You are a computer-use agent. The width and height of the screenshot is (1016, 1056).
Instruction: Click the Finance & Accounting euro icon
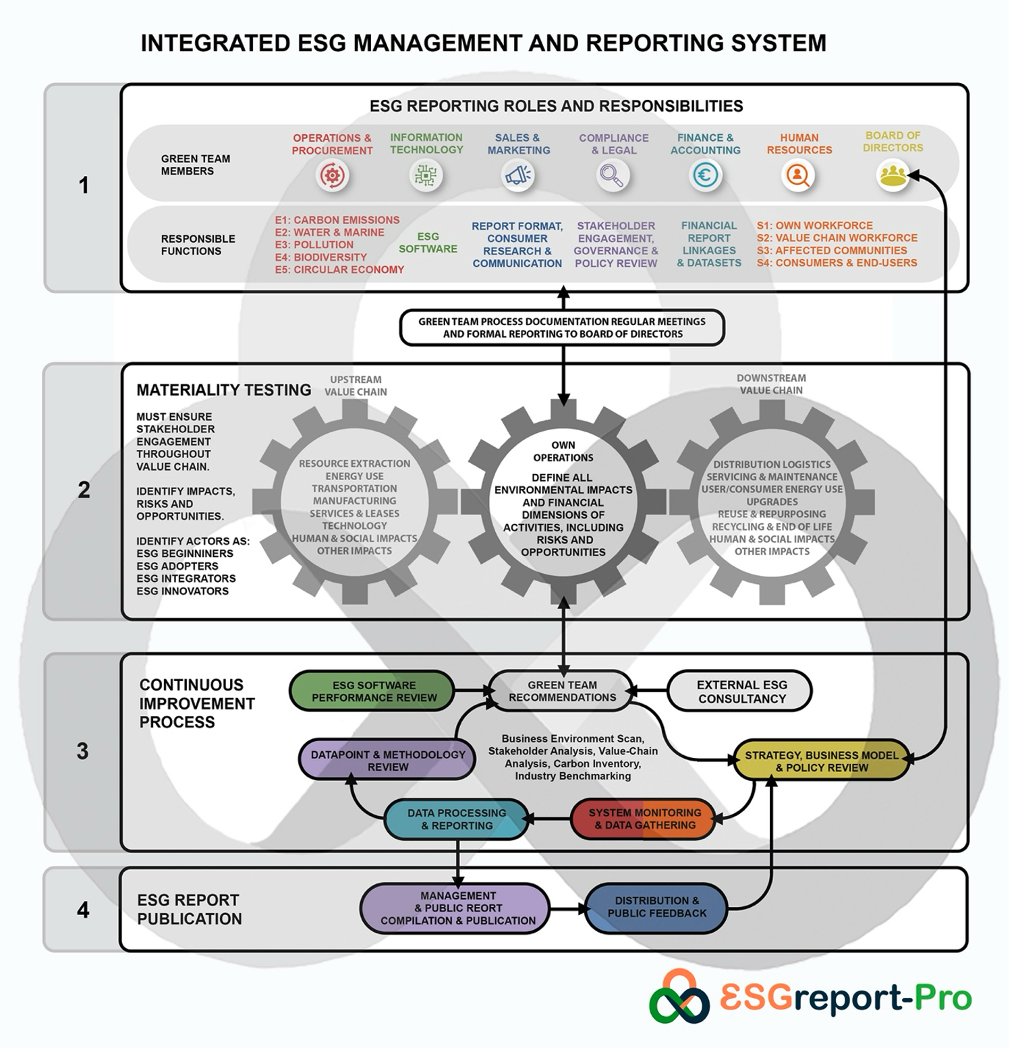[x=705, y=176]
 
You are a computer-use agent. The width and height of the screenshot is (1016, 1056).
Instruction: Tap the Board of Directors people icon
[x=892, y=175]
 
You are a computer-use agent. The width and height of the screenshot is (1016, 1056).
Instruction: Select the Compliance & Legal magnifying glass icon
[x=613, y=176]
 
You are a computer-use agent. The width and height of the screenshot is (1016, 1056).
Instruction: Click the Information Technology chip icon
[x=426, y=176]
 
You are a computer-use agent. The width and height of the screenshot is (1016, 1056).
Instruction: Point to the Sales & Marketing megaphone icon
[x=518, y=176]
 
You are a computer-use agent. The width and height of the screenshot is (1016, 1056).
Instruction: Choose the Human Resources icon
[x=798, y=176]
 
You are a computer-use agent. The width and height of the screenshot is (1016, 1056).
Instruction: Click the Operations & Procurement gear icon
[x=332, y=176]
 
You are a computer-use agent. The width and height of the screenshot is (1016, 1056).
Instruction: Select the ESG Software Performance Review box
[x=373, y=691]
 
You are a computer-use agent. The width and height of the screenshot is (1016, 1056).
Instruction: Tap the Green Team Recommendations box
[x=561, y=691]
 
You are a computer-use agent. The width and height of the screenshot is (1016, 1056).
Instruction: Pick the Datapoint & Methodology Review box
[x=387, y=761]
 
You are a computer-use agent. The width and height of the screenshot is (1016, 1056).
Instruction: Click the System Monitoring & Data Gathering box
[x=644, y=819]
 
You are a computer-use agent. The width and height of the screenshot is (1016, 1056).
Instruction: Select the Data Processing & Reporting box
[x=456, y=819]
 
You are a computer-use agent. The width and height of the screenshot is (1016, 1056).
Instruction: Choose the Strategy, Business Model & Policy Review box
[x=821, y=761]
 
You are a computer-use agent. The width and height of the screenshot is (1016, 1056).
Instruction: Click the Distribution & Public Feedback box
[x=656, y=908]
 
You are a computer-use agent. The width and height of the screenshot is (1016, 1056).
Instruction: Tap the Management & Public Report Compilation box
[x=457, y=908]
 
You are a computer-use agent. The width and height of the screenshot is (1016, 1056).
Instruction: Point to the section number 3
[x=82, y=751]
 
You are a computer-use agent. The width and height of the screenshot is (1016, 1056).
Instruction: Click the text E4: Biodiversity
[x=320, y=257]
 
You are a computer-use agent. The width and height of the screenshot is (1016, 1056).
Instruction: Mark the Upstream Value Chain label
[x=356, y=386]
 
